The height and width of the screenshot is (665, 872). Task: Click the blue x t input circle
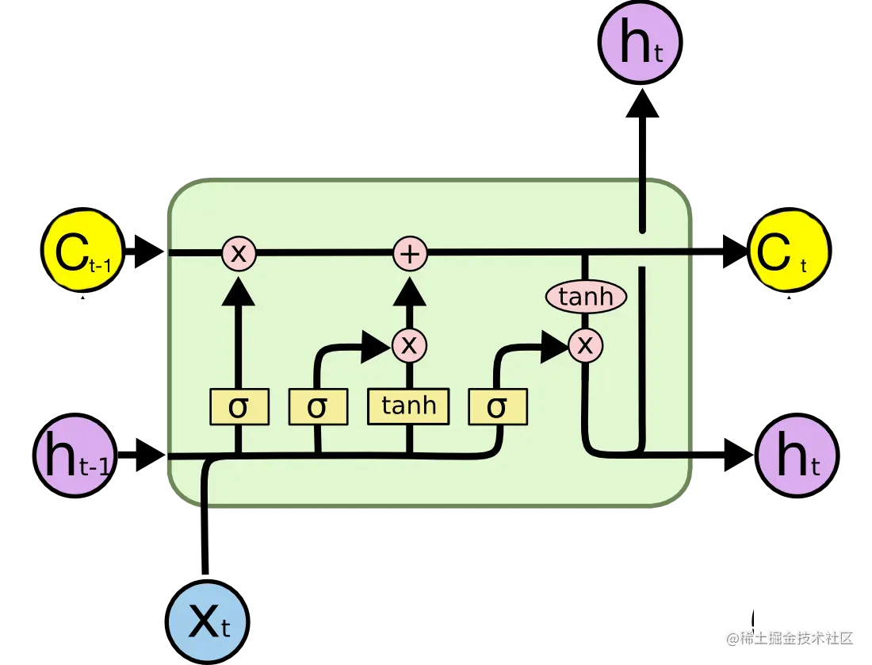click(x=208, y=623)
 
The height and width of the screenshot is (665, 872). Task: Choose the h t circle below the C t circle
click(x=797, y=456)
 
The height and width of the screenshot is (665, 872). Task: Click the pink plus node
click(x=411, y=254)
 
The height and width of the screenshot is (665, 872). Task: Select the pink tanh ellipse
click(x=586, y=298)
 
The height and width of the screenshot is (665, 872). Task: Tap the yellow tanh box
click(x=408, y=406)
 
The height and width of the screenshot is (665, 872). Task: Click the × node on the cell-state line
click(x=238, y=254)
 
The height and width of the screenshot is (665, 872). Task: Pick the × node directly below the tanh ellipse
click(x=586, y=344)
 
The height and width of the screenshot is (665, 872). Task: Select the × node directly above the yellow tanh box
click(x=409, y=344)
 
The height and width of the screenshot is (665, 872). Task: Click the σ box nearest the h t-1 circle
click(x=239, y=407)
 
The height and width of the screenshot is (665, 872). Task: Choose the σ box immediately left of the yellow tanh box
click(x=317, y=407)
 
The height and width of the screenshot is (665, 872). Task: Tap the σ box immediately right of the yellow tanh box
click(x=497, y=407)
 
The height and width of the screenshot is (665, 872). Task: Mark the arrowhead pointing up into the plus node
click(x=410, y=291)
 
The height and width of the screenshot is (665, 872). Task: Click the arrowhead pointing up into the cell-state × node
click(x=238, y=291)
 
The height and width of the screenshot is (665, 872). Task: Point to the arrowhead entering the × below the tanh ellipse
click(x=554, y=345)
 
